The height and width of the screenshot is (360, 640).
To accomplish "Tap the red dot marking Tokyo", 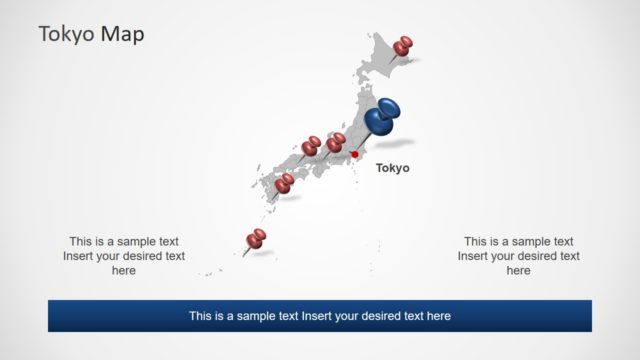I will (x=354, y=155).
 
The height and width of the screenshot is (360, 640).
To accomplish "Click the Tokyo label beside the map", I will (x=392, y=168).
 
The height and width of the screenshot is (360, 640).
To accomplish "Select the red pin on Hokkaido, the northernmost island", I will (x=403, y=46).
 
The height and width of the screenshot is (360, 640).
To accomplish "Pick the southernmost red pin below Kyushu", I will (x=257, y=238).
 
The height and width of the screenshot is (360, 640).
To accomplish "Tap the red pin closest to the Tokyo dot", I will (x=335, y=145).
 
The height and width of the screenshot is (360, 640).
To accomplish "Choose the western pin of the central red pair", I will (x=311, y=146).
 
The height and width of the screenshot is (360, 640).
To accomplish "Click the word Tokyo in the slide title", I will (x=66, y=34).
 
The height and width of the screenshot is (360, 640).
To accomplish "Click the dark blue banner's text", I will (x=320, y=316).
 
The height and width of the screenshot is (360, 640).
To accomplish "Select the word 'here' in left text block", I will (x=124, y=271).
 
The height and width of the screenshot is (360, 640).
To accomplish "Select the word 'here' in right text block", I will (x=518, y=271).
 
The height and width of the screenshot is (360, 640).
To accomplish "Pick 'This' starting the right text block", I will (x=476, y=241).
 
